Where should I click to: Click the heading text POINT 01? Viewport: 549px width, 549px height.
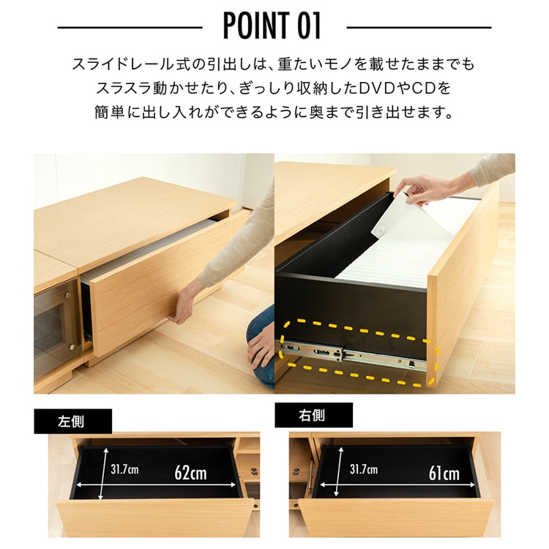[272, 26]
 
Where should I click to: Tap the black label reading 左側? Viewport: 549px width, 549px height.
[72, 421]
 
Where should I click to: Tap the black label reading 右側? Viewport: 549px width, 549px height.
[313, 415]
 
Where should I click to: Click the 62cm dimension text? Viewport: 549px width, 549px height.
[190, 473]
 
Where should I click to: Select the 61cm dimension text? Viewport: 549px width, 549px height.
[444, 474]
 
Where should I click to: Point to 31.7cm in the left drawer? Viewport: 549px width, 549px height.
[124, 469]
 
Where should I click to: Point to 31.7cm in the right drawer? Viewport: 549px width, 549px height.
[364, 469]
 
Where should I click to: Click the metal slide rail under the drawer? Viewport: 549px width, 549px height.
[350, 354]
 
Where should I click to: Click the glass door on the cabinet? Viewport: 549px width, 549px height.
[56, 323]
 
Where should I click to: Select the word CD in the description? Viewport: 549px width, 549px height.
[424, 89]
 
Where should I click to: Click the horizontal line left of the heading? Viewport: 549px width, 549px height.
[130, 27]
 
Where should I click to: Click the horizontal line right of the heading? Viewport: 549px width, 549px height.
[419, 27]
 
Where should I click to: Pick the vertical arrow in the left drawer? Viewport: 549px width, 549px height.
[102, 474]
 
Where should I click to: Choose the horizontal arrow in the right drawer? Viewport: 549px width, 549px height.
[397, 485]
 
